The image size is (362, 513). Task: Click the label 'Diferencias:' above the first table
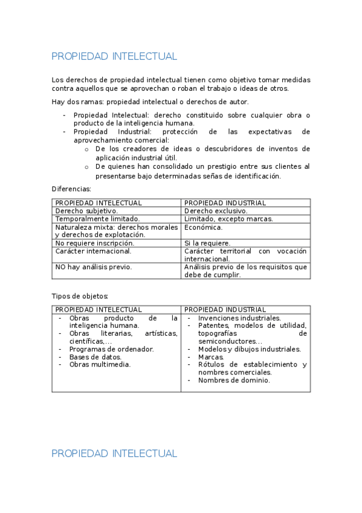click(71, 189)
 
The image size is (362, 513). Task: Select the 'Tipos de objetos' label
click(80, 296)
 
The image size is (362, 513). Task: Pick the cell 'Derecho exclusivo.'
click(216, 211)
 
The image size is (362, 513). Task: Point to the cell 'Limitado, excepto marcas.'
click(228, 219)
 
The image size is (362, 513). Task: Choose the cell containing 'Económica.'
click(204, 227)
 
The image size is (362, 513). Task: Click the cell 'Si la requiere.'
click(207, 243)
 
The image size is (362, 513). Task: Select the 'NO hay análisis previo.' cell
click(94, 267)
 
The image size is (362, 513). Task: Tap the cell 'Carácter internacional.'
click(93, 251)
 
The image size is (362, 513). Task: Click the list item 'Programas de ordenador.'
click(111, 349)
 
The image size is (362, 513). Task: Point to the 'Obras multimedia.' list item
click(100, 365)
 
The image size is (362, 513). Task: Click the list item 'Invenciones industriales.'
click(239, 318)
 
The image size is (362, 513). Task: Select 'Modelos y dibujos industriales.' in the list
click(249, 349)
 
